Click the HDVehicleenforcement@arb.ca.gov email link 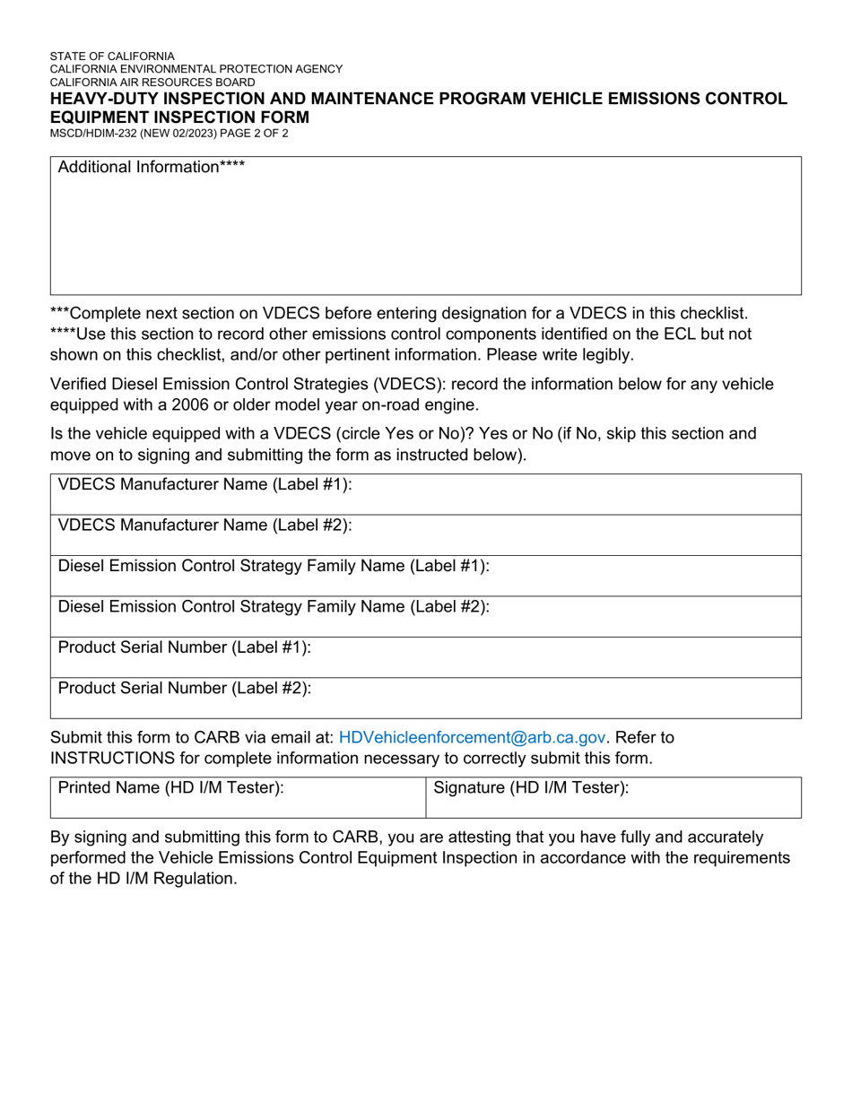click(x=473, y=737)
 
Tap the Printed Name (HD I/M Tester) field click(x=238, y=797)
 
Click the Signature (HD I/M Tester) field click(x=613, y=797)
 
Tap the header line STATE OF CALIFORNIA click(x=112, y=56)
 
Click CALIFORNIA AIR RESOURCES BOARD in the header click(x=152, y=82)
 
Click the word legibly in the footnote click(x=601, y=354)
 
